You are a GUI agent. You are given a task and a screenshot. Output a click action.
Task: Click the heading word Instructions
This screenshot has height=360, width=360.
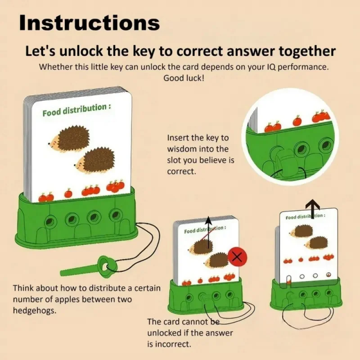89,22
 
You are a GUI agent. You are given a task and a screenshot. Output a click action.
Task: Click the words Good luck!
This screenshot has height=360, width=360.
184,78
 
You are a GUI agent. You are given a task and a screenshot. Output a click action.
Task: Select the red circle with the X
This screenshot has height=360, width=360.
237,256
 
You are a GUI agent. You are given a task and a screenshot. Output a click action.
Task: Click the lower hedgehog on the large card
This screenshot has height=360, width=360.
94,160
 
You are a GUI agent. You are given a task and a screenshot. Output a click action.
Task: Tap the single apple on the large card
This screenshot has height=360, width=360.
68,193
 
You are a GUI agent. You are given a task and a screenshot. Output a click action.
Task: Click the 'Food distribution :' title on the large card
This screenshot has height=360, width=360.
76,110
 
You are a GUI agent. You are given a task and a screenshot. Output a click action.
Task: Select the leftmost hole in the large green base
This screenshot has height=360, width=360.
50,221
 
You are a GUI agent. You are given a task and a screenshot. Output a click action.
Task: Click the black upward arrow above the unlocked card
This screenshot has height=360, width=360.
313,208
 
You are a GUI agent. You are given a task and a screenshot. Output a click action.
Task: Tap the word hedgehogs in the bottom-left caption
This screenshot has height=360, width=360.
34,310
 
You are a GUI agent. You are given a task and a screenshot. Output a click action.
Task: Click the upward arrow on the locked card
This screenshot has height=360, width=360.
208,232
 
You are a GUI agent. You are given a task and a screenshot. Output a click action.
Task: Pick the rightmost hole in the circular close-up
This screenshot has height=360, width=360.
325,145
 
